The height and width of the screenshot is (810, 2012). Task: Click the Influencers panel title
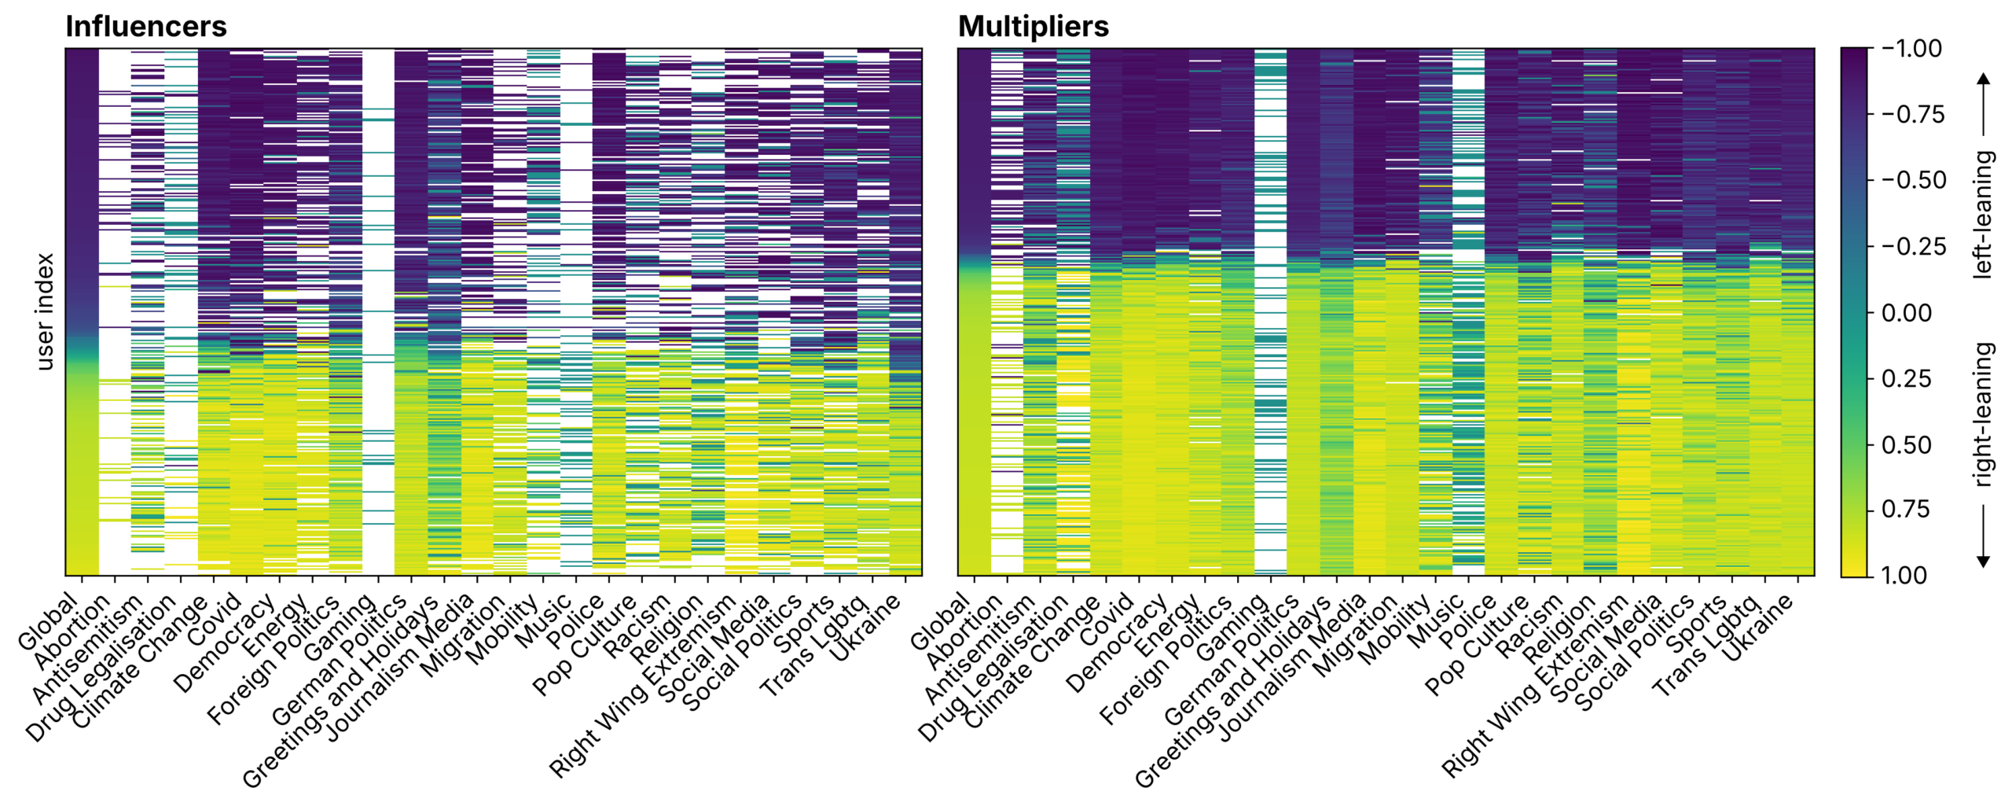point(145,27)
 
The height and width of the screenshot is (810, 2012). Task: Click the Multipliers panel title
point(1033,27)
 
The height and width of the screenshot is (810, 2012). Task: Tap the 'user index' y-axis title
point(45,311)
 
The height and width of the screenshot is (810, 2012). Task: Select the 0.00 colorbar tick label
point(1906,313)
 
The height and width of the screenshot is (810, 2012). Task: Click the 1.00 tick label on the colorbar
point(1906,575)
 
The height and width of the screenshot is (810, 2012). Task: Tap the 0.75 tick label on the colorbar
point(1906,510)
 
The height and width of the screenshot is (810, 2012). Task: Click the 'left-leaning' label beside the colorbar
point(1983,214)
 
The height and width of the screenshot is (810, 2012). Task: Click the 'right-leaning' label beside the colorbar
point(1983,414)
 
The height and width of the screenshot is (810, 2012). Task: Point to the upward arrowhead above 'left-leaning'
point(1983,78)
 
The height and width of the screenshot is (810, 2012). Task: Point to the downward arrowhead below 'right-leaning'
point(1983,561)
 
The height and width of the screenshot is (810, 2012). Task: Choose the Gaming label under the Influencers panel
point(340,627)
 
